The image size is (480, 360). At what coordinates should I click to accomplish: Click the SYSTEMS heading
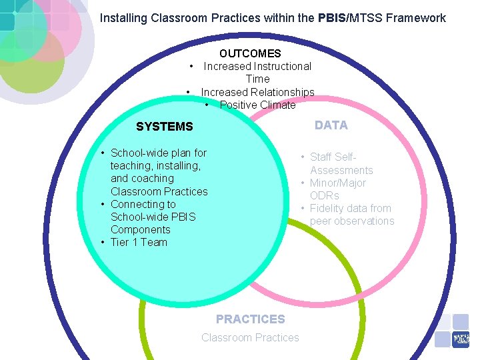pos(164,127)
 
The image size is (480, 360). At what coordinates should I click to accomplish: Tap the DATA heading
pos(331,125)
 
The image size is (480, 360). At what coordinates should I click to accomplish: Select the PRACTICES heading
pos(250,319)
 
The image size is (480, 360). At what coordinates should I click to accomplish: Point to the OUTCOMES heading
pos(250,53)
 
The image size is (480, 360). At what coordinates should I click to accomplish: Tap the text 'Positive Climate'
pos(257,105)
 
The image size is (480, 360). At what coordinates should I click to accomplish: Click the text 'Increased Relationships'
pos(257,92)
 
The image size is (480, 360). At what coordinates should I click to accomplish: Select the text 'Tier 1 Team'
pos(139,242)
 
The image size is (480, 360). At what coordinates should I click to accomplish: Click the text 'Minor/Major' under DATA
pos(337,183)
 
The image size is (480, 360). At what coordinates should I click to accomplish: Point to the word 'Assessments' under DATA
pos(341,170)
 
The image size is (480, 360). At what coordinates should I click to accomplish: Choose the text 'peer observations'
pos(352,221)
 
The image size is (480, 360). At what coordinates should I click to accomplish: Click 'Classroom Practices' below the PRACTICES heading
pos(250,337)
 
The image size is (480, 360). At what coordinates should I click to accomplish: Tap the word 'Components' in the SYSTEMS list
pos(140,229)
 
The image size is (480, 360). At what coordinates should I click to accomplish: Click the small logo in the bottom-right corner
pos(461,339)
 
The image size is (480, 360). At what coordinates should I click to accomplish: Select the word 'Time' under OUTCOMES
pos(257,79)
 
